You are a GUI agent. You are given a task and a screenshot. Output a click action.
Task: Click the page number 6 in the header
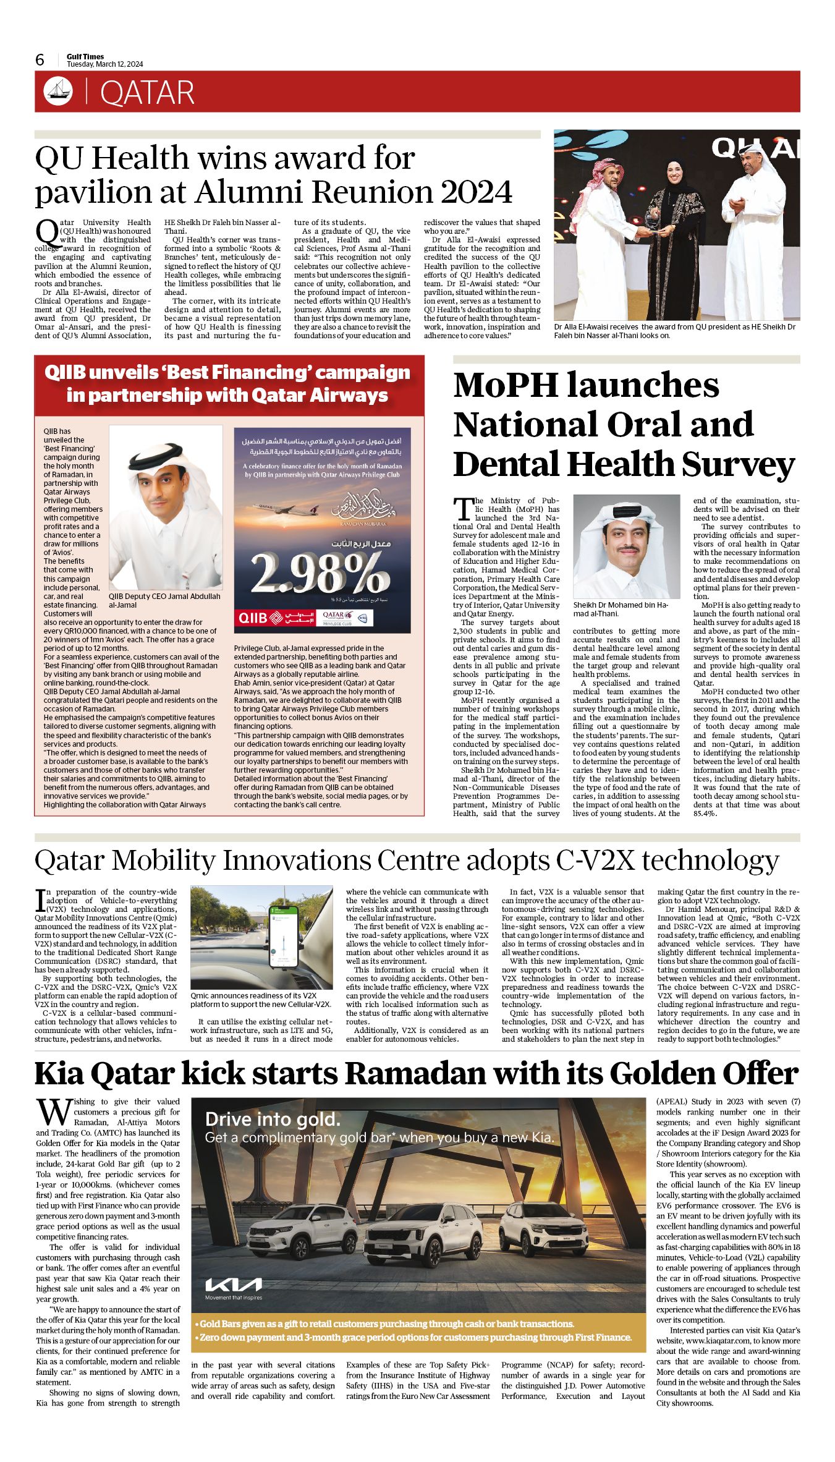pos(40,59)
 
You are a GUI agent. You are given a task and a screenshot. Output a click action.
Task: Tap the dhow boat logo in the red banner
pos(58,91)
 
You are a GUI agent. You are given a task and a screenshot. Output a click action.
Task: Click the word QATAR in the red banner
pos(147,93)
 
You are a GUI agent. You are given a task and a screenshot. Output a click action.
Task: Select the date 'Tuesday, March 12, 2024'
pos(104,64)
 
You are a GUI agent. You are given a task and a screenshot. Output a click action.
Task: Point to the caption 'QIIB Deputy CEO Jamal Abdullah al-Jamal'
pos(164,600)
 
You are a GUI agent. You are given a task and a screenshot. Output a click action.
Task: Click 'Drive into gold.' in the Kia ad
pos(273,1119)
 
